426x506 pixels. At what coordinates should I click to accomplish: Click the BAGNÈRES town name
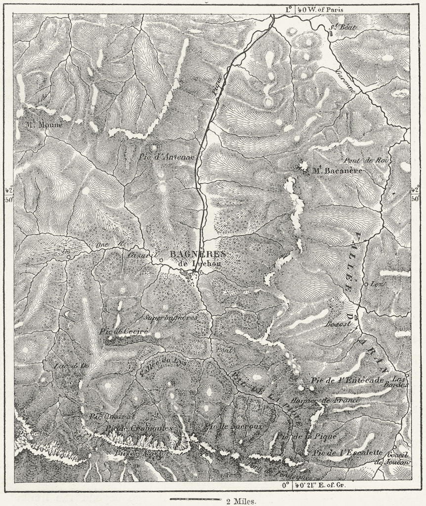[197, 253]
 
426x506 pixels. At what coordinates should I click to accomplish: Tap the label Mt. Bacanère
[337, 170]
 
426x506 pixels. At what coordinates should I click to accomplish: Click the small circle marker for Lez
[366, 284]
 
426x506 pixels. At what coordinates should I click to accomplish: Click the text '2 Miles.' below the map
[241, 501]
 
